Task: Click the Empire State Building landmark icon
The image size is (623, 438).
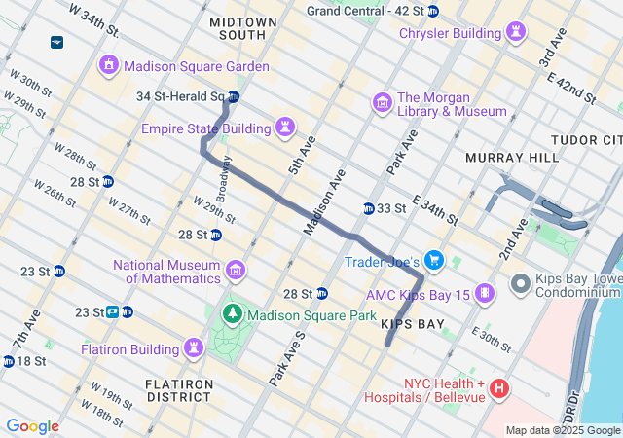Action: click(285, 128)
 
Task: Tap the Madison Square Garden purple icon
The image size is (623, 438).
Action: click(108, 65)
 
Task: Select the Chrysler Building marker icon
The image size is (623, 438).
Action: click(513, 34)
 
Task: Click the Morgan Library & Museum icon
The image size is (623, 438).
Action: click(382, 102)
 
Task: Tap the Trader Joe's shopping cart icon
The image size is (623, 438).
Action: click(434, 260)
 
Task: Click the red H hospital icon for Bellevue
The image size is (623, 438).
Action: click(499, 389)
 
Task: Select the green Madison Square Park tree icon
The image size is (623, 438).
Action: click(233, 314)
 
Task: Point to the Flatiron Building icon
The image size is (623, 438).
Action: click(195, 347)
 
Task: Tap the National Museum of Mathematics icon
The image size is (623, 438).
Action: click(235, 270)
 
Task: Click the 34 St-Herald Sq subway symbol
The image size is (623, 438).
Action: click(234, 96)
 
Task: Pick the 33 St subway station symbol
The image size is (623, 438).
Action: click(369, 208)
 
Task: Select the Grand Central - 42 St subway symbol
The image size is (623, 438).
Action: click(433, 11)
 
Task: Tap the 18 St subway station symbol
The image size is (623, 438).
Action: click(9, 361)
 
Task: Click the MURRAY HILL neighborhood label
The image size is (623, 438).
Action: click(512, 157)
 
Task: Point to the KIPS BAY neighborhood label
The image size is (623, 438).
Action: click(413, 323)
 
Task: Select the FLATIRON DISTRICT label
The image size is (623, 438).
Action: click(179, 390)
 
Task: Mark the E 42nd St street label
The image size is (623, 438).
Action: click(570, 84)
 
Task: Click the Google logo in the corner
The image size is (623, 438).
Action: click(32, 426)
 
